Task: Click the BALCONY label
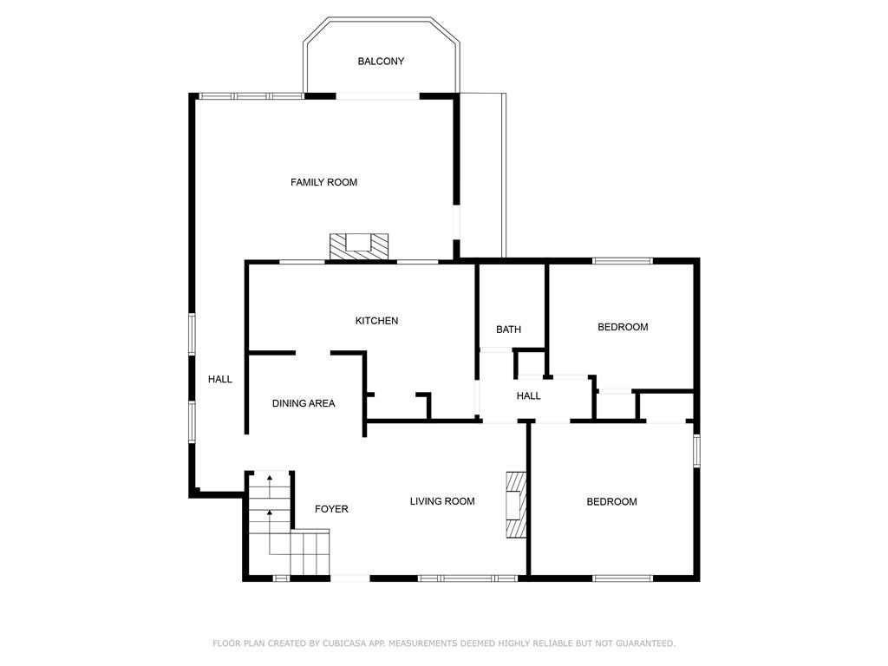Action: click(381, 62)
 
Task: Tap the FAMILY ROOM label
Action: click(323, 182)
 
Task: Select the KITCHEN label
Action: click(376, 321)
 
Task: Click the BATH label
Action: click(508, 330)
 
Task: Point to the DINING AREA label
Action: click(304, 403)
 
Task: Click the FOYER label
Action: click(331, 509)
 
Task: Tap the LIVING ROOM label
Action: click(442, 501)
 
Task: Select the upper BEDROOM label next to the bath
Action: click(623, 327)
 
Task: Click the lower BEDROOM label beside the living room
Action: click(611, 502)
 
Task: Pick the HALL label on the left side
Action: click(220, 379)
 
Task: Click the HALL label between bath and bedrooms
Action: click(528, 396)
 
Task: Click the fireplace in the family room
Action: click(358, 245)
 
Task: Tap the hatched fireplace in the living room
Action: click(517, 505)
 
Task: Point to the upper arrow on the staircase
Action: click(269, 478)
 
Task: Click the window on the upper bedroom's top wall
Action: click(622, 260)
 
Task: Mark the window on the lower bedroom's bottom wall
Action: click(623, 578)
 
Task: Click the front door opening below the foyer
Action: click(350, 578)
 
